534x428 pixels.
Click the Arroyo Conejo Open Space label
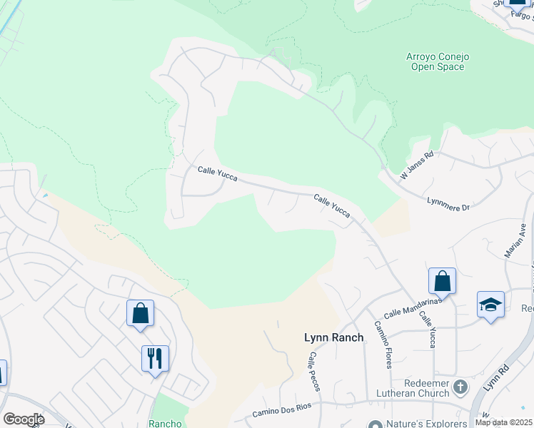[x=435, y=61]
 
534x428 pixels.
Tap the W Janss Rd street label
[x=418, y=165]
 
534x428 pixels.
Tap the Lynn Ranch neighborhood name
[x=334, y=337]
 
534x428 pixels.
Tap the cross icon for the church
[x=461, y=387]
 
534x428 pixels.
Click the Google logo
[x=24, y=419]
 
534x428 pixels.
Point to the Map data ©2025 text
[x=503, y=422]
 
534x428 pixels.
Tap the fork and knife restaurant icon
[x=155, y=357]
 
